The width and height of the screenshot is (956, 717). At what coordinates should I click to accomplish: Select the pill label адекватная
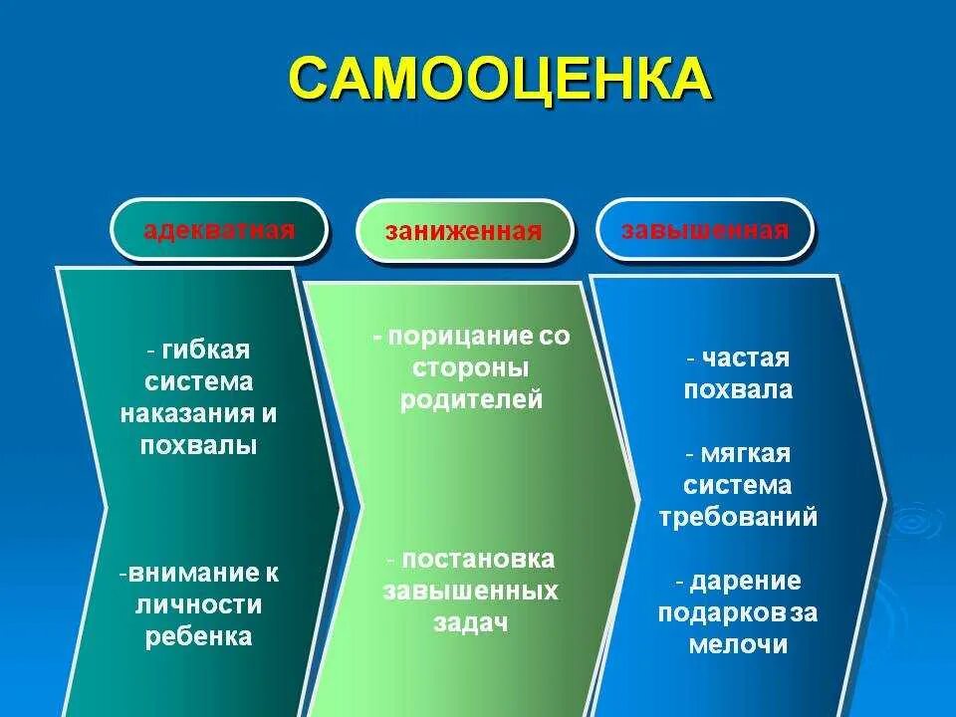(x=219, y=231)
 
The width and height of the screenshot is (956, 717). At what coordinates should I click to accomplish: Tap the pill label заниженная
(x=464, y=232)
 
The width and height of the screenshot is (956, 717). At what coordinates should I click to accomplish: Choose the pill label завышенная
(x=705, y=231)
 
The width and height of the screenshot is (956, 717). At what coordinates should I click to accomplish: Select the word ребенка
(x=199, y=637)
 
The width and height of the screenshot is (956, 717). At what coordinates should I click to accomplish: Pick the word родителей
(x=472, y=400)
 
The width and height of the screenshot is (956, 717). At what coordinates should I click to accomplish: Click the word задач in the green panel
(x=471, y=623)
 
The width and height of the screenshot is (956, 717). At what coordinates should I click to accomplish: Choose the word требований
(x=738, y=518)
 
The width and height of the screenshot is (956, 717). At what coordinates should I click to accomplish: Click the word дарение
(x=745, y=581)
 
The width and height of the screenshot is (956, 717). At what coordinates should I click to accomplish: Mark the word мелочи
(x=738, y=644)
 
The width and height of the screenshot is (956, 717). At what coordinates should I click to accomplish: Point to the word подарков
(x=714, y=612)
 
